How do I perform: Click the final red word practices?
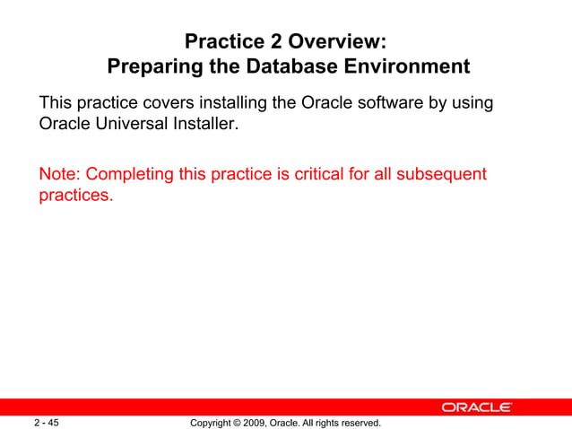click(75, 195)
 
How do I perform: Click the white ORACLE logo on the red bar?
click(476, 407)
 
